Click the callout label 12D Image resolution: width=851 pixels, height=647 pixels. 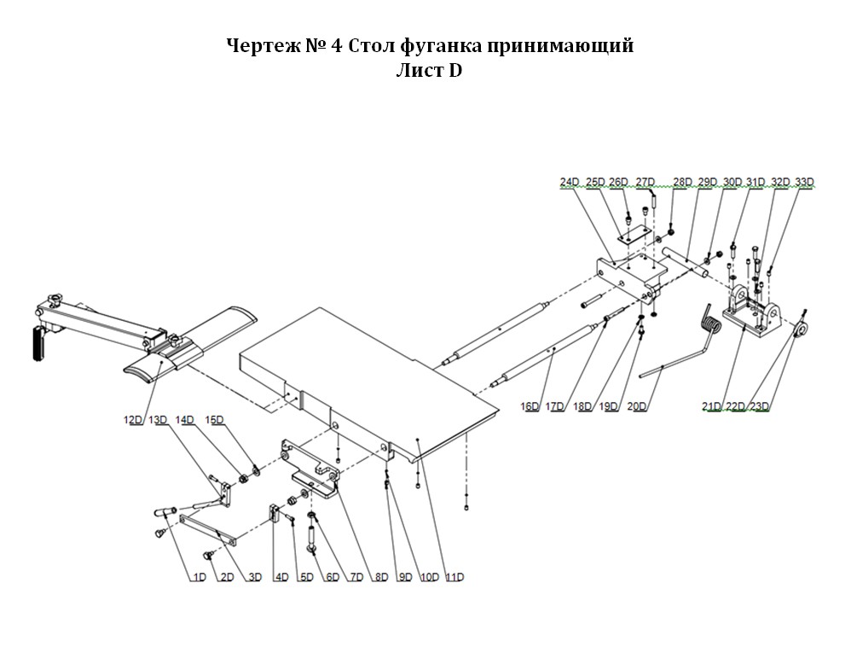[x=132, y=419]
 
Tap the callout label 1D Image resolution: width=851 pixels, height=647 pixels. [x=199, y=577]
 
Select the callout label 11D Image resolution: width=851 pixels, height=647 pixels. [x=454, y=577]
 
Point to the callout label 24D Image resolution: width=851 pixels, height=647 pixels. [x=570, y=182]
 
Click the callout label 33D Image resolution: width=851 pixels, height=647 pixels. [x=804, y=182]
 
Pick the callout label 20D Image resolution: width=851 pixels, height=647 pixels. [x=637, y=406]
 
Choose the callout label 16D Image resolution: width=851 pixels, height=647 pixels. [x=530, y=406]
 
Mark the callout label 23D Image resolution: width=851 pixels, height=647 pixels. [x=760, y=406]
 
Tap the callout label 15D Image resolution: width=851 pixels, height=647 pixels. [x=214, y=419]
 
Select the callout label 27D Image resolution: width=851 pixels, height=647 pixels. [x=645, y=182]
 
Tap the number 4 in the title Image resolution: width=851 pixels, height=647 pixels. [x=337, y=45]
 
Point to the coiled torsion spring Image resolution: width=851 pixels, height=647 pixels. [x=710, y=323]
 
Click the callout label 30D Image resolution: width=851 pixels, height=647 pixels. [x=732, y=182]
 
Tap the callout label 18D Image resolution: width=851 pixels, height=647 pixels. [x=583, y=406]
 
